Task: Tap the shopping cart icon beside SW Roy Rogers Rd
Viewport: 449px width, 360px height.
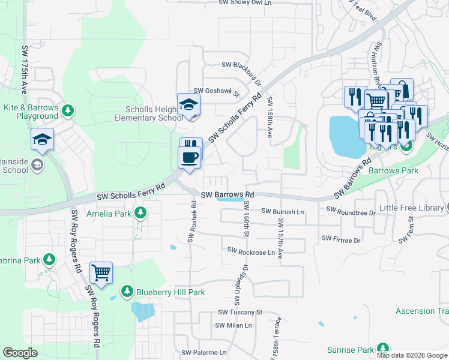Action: [x=101, y=272]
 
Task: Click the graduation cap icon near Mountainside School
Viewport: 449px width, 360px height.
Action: [x=43, y=140]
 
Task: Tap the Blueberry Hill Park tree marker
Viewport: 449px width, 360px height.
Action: [x=127, y=292]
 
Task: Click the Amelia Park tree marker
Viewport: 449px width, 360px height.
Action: [x=140, y=213]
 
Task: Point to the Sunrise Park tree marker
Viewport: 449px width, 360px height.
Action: [x=382, y=349]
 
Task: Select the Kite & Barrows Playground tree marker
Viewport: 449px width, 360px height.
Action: [x=68, y=110]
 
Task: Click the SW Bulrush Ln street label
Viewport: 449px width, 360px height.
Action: [x=283, y=212]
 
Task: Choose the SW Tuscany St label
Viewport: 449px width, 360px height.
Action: [x=240, y=312]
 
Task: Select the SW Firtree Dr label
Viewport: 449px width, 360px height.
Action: [x=340, y=239]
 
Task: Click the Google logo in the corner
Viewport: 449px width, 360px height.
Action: [x=20, y=353]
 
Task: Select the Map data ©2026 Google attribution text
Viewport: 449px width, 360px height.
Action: [x=412, y=355]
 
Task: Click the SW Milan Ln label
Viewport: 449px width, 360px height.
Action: [x=234, y=325]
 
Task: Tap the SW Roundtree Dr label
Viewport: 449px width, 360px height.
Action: [x=351, y=212]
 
